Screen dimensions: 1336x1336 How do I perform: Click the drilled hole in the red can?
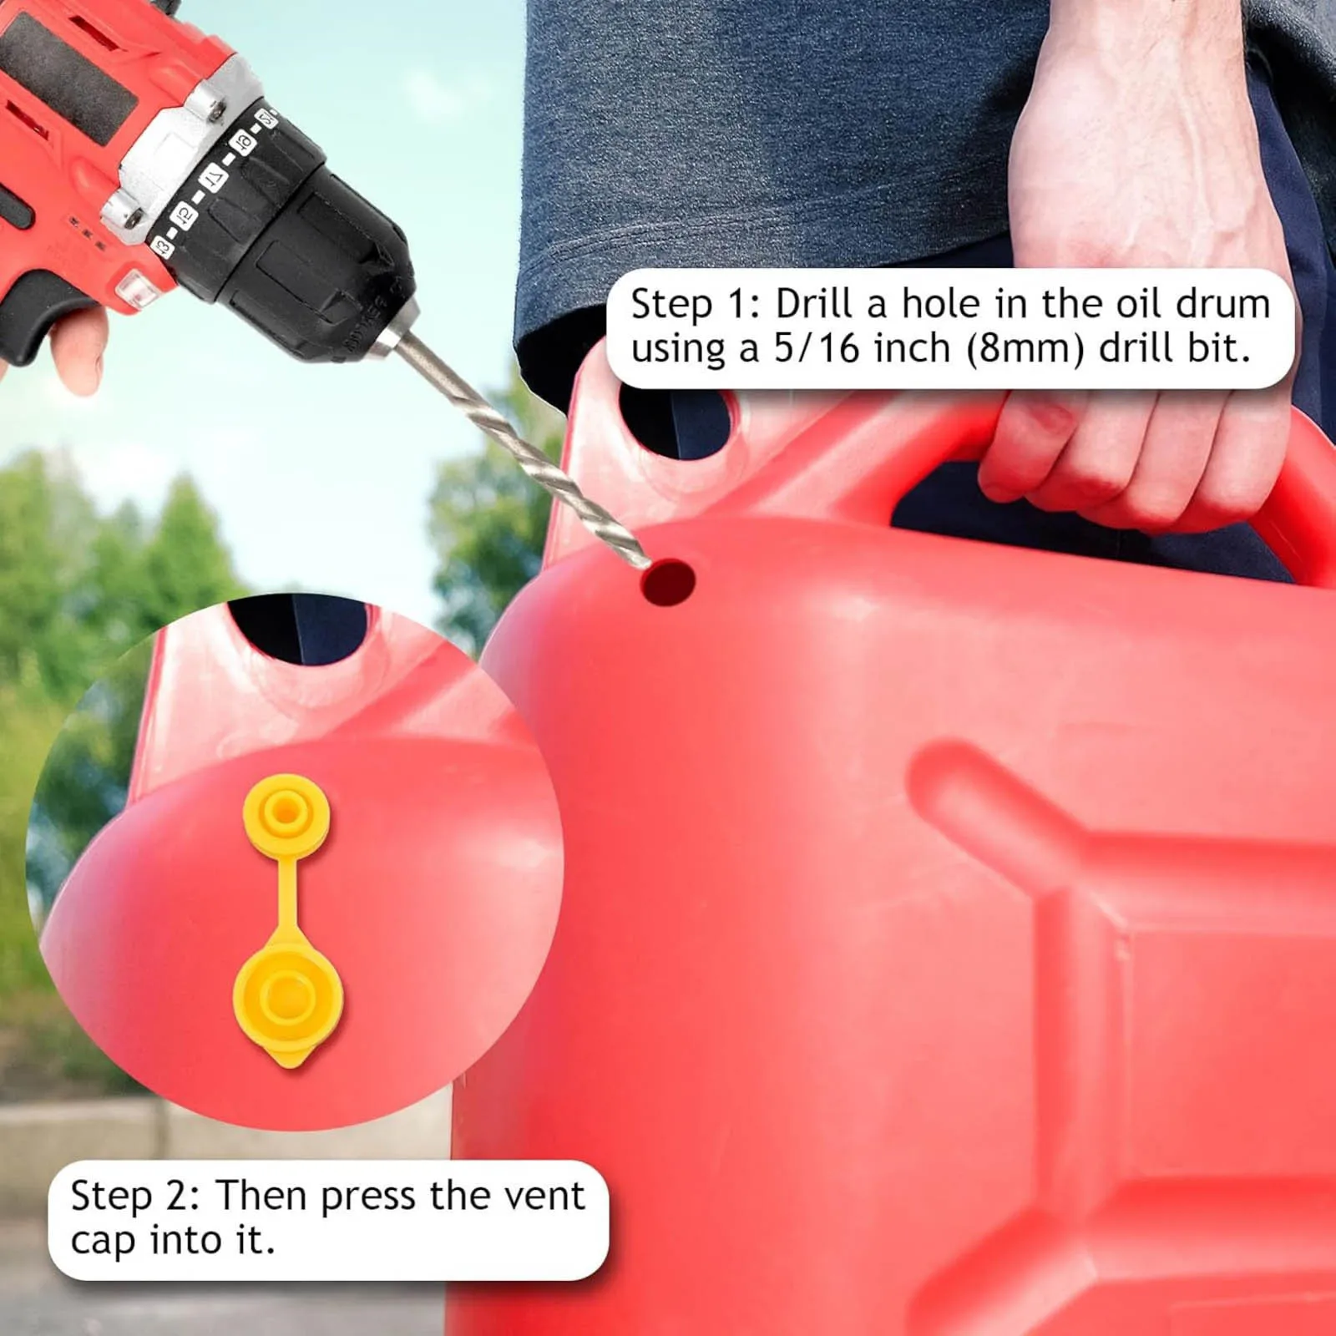(x=668, y=583)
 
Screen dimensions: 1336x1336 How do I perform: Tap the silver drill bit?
(x=519, y=442)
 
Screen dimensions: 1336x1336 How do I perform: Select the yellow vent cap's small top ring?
(x=286, y=812)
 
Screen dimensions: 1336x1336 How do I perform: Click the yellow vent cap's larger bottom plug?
(x=288, y=1002)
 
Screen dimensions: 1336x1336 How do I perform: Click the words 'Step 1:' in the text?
(x=696, y=305)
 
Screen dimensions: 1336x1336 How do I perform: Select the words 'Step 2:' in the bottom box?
(x=136, y=1196)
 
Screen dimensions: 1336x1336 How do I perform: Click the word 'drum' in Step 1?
(x=1222, y=305)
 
